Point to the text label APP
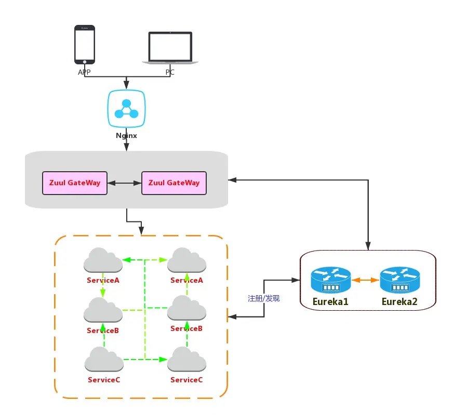point(84,73)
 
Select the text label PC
point(170,73)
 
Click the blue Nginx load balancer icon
point(126,108)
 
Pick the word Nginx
point(126,135)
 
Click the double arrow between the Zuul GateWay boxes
point(125,183)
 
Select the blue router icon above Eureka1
point(331,280)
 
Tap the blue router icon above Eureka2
point(399,280)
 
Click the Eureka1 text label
point(330,302)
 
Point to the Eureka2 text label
point(399,302)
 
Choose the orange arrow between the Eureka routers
point(365,280)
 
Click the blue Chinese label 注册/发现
point(264,299)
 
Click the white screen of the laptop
point(170,47)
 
